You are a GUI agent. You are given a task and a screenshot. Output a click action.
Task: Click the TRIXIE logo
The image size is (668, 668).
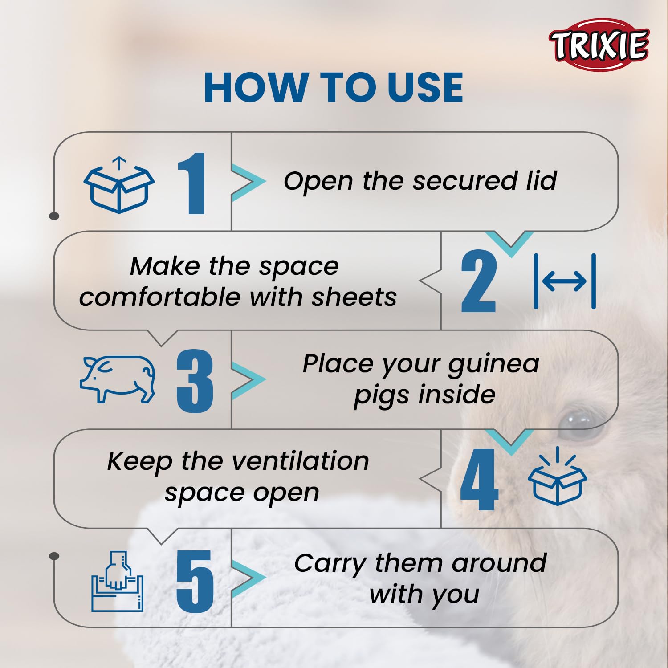click(599, 44)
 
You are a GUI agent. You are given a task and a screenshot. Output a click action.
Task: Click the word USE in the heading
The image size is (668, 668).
click(425, 87)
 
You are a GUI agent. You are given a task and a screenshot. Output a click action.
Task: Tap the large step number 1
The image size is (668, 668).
click(192, 183)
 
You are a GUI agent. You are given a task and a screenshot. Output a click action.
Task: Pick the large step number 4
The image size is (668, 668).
click(479, 479)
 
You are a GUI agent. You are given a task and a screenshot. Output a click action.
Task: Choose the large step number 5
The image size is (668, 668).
click(195, 581)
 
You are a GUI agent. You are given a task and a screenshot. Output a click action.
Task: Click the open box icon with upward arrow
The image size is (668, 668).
click(119, 185)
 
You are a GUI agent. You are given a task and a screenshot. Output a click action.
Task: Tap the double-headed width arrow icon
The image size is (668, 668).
click(565, 281)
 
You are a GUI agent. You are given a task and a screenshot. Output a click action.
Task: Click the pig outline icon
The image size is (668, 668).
click(118, 379)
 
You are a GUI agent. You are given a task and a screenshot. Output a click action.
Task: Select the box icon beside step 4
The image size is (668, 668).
click(557, 476)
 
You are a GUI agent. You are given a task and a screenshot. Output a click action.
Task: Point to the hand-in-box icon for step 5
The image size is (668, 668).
click(118, 582)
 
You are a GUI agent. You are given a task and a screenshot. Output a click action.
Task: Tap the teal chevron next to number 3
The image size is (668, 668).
click(248, 380)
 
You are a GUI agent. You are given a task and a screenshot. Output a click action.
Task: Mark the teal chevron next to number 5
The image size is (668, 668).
click(248, 578)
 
